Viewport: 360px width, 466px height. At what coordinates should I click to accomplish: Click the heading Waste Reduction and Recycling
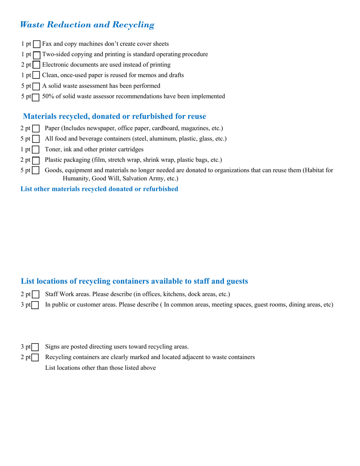pyautogui.click(x=87, y=25)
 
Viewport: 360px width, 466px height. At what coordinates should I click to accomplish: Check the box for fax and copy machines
pyautogui.click(x=37, y=44)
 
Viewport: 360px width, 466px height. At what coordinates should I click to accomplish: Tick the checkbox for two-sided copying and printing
pyautogui.click(x=37, y=55)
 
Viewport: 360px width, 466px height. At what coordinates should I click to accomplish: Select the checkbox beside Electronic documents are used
pyautogui.click(x=36, y=65)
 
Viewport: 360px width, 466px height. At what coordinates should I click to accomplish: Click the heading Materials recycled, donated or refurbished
pyautogui.click(x=114, y=116)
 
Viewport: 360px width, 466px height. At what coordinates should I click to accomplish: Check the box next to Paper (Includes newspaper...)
pyautogui.click(x=36, y=129)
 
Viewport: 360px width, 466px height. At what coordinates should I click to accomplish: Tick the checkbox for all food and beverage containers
pyautogui.click(x=36, y=139)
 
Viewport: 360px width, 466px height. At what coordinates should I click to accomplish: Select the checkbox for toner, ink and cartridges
pyautogui.click(x=36, y=150)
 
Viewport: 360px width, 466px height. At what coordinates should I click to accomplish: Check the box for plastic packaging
pyautogui.click(x=36, y=160)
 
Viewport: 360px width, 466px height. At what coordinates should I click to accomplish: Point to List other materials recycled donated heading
pyautogui.click(x=99, y=189)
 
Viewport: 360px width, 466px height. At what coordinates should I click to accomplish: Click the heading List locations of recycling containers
pyautogui.click(x=134, y=281)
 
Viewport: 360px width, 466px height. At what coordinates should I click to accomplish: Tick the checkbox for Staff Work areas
pyautogui.click(x=36, y=294)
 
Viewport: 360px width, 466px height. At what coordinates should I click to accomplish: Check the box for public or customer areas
pyautogui.click(x=35, y=305)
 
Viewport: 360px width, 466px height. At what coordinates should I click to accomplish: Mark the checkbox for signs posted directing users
pyautogui.click(x=35, y=347)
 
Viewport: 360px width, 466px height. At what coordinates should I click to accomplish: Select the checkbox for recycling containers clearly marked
pyautogui.click(x=35, y=358)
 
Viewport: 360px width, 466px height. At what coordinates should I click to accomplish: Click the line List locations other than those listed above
pyautogui.click(x=100, y=367)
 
